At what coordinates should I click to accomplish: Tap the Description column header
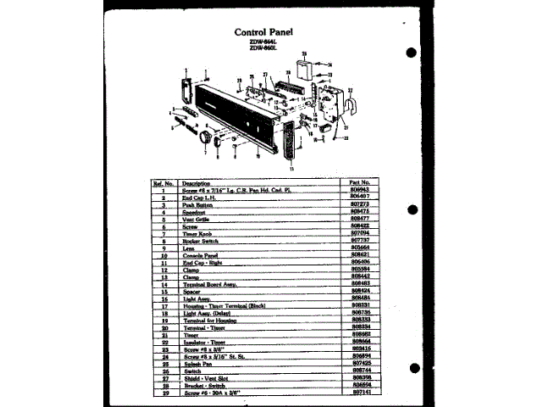[x=196, y=183]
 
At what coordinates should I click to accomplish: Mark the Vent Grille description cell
[x=197, y=220]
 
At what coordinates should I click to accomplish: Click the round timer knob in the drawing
[x=204, y=135]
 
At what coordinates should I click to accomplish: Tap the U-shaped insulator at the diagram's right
[x=350, y=103]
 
